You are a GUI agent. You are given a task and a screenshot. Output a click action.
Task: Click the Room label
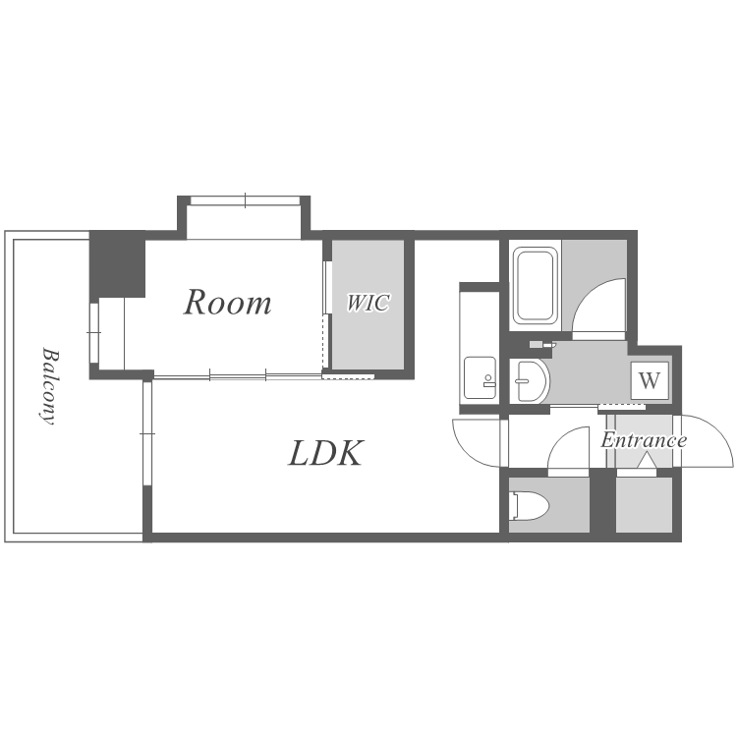click(227, 303)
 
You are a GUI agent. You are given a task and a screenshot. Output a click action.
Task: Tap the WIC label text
click(368, 303)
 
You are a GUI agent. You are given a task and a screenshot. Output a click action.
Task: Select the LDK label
click(325, 453)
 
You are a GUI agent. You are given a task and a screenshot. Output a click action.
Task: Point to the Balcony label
click(49, 386)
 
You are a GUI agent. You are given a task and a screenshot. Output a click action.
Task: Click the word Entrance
click(644, 440)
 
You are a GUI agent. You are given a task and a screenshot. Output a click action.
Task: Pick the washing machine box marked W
click(650, 380)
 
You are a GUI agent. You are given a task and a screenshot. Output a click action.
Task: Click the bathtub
click(533, 285)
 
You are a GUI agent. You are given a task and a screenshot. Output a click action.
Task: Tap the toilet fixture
click(530, 506)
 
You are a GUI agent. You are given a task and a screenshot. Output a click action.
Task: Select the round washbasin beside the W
click(531, 380)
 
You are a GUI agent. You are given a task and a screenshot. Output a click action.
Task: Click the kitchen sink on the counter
click(480, 378)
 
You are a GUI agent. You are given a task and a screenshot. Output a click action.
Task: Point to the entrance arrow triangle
click(647, 461)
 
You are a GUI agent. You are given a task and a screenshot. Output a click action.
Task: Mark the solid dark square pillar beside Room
click(117, 263)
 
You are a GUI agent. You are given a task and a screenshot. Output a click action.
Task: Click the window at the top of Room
click(245, 200)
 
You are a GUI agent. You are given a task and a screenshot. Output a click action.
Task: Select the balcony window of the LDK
click(147, 433)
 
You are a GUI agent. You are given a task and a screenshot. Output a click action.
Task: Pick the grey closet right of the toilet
click(644, 505)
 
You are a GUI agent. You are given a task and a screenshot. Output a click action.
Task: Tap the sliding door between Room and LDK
click(238, 376)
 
